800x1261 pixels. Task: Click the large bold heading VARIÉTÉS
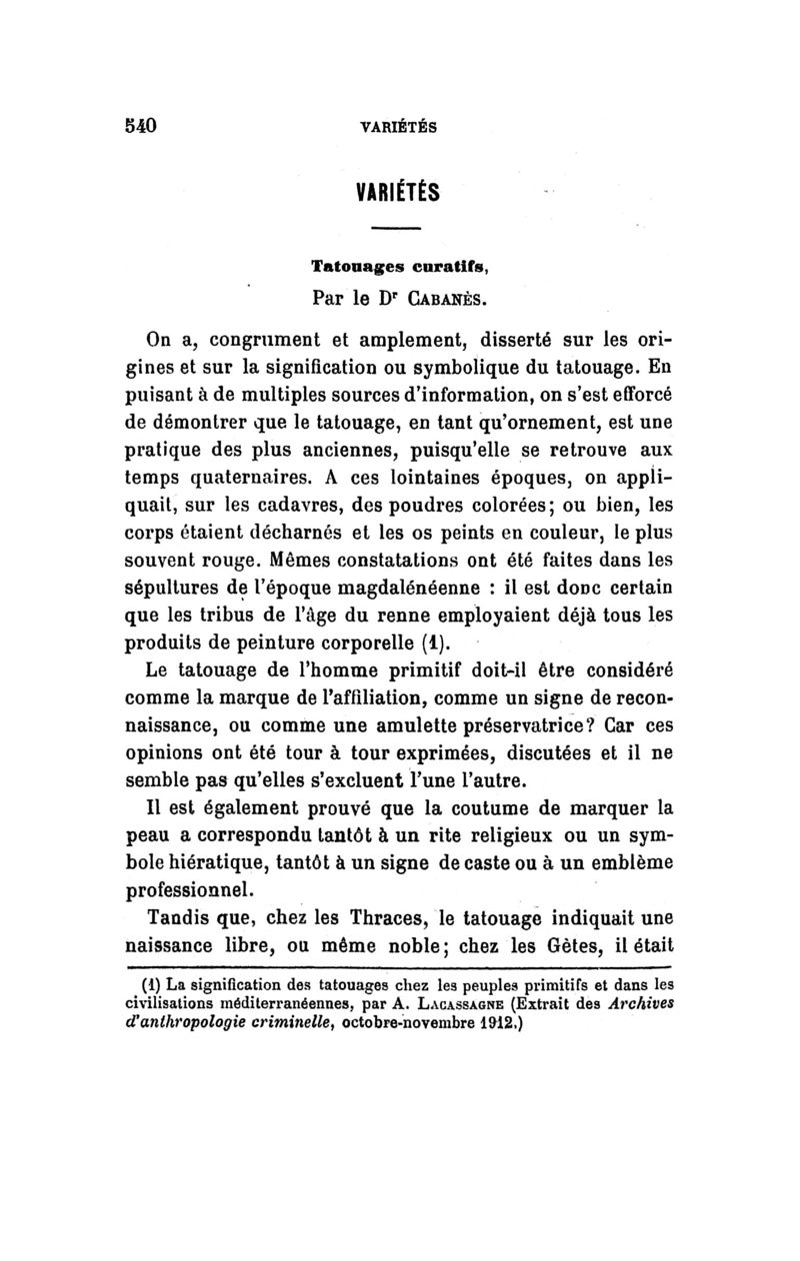(x=398, y=192)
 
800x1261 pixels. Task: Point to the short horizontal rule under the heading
(x=398, y=232)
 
